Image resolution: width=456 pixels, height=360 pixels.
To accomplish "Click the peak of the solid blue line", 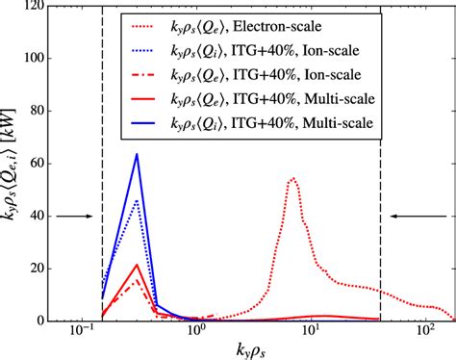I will pos(137,155).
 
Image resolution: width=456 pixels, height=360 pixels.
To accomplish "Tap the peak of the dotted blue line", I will pos(137,201).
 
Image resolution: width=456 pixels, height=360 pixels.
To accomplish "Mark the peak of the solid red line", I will pos(137,265).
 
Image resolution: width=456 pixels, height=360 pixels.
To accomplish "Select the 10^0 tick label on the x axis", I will pos(198,336).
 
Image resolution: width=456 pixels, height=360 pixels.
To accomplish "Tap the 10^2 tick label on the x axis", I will pos(424,336).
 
